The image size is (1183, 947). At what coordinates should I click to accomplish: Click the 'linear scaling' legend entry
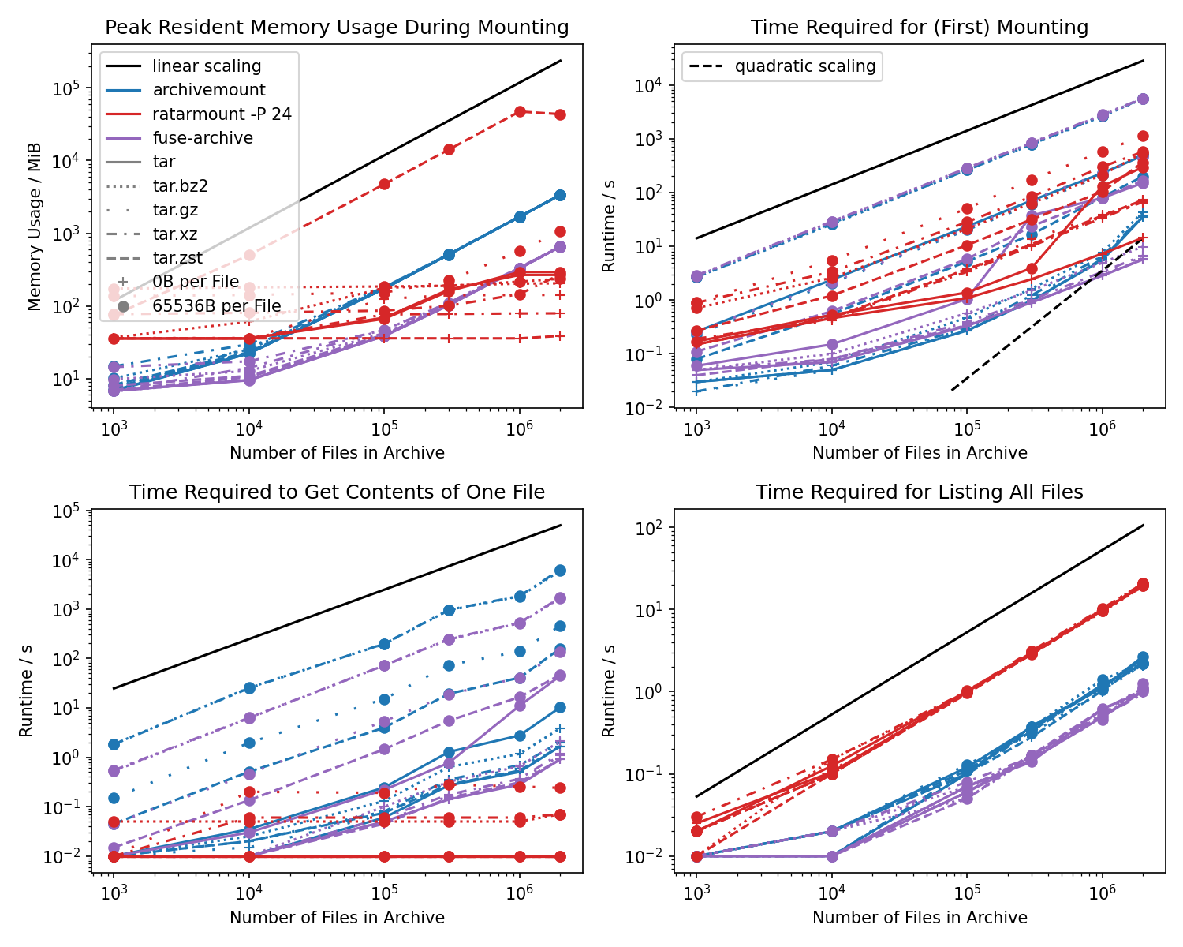pyautogui.click(x=207, y=66)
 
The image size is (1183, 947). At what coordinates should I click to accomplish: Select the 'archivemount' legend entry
pyautogui.click(x=208, y=90)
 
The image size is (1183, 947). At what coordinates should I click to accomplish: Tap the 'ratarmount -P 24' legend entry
pyautogui.click(x=222, y=114)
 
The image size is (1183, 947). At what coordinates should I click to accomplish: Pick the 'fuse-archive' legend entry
pyautogui.click(x=203, y=138)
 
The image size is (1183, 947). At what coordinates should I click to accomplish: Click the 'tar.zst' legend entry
pyautogui.click(x=177, y=258)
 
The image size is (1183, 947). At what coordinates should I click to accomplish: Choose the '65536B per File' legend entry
pyautogui.click(x=216, y=306)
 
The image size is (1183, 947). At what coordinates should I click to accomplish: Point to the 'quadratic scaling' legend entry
pyautogui.click(x=804, y=66)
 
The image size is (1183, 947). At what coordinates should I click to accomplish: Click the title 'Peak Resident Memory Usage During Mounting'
pyautogui.click(x=337, y=28)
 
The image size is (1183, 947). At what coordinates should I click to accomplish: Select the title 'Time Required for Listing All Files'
pyautogui.click(x=919, y=492)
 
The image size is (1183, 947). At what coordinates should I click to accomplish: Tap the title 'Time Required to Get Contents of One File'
pyautogui.click(x=337, y=492)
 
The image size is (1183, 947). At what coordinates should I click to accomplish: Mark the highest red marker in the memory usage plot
pyautogui.click(x=520, y=112)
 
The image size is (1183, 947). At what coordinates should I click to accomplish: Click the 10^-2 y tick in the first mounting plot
pyautogui.click(x=650, y=408)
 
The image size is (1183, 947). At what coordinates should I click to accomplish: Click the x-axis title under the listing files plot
pyautogui.click(x=919, y=918)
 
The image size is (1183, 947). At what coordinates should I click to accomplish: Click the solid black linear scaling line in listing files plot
pyautogui.click(x=919, y=661)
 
